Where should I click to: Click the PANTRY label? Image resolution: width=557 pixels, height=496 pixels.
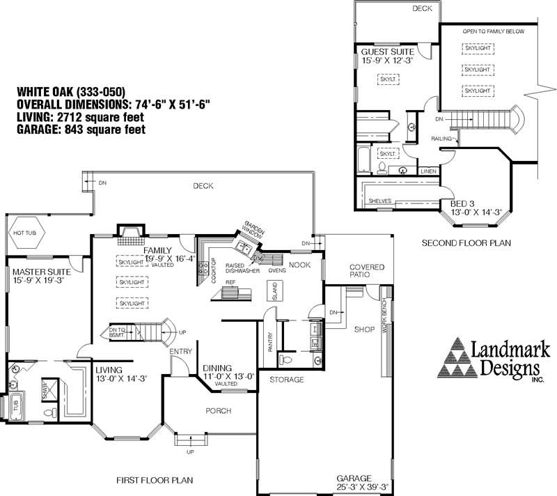pos(270,343)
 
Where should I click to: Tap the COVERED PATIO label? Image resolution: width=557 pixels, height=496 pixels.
pos(366,271)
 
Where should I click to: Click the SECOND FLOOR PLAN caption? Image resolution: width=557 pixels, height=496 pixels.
pos(466,243)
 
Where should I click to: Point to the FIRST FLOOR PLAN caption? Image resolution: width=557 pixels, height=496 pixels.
pos(155,480)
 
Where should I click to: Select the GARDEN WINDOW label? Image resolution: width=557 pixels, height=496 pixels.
pos(252,231)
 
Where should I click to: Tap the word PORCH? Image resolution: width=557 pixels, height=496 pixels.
pos(218,411)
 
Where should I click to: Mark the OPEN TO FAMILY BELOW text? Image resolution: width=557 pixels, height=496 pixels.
pos(493,32)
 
